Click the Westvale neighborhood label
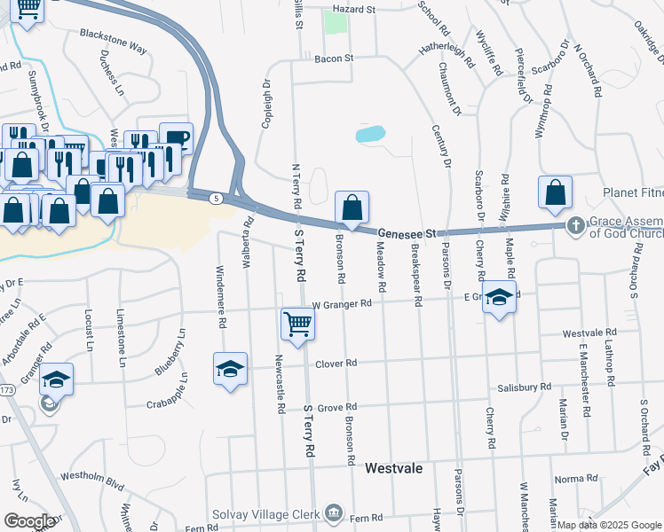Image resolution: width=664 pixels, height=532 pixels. click(x=393, y=467)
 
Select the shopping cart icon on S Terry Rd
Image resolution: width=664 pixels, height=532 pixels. click(x=297, y=323)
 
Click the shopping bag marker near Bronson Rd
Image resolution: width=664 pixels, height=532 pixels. click(x=352, y=208)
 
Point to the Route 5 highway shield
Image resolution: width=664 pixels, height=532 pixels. click(x=216, y=199)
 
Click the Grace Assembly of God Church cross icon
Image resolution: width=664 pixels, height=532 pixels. click(x=575, y=225)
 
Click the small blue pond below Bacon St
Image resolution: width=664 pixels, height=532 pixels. click(x=370, y=135)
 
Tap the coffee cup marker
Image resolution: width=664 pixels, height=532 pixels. click(x=176, y=138)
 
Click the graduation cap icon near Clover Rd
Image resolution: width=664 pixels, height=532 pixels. click(x=230, y=368)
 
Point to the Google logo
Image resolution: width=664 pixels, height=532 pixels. click(x=29, y=521)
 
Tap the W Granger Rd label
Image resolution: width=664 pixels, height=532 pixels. click(x=342, y=303)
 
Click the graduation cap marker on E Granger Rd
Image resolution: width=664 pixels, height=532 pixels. click(x=500, y=298)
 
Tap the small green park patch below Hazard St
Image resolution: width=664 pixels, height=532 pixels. click(x=335, y=23)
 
